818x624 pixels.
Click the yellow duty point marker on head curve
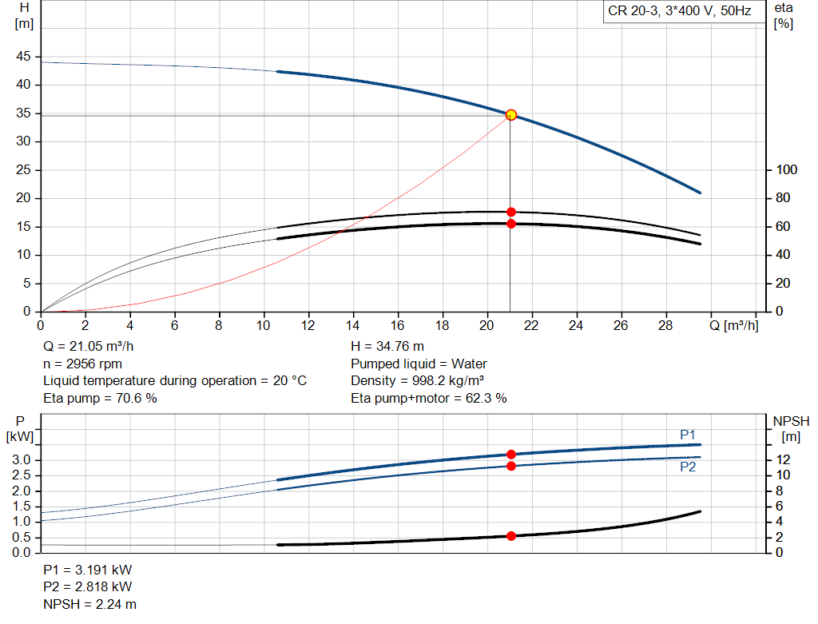tap(511, 115)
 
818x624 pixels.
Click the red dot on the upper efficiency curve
tap(511, 213)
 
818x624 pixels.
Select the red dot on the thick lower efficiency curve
tap(511, 224)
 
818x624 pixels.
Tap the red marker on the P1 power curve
tap(511, 455)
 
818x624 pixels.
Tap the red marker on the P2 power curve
tap(511, 466)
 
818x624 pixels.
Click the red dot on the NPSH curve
tap(511, 536)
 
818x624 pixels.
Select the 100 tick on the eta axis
tap(787, 170)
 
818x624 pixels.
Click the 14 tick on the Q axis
tap(352, 326)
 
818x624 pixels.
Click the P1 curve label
tap(688, 434)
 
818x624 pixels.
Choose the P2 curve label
tap(688, 467)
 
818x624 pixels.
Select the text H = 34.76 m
tap(387, 347)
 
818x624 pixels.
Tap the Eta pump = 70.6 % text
tap(100, 398)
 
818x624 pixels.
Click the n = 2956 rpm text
tap(82, 364)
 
